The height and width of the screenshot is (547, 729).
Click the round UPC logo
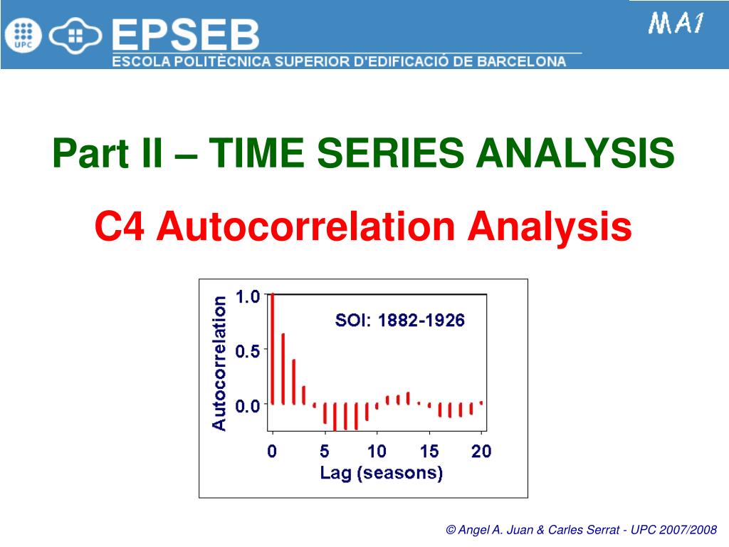tap(23, 36)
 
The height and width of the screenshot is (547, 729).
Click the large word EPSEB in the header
tap(186, 35)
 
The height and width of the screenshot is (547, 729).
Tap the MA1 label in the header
tap(676, 24)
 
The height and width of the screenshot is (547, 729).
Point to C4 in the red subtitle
tap(120, 226)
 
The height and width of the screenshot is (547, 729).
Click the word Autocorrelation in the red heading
tap(305, 226)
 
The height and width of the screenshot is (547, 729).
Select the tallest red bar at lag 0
tap(273, 349)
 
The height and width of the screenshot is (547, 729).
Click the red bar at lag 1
tap(283, 369)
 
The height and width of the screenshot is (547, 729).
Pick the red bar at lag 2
tap(293, 382)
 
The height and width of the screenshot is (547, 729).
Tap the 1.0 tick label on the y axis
tap(247, 297)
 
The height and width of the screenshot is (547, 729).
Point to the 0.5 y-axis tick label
tap(247, 351)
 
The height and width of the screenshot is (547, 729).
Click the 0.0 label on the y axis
tap(247, 406)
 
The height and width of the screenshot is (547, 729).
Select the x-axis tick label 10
tap(377, 451)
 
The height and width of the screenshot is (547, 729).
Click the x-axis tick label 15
tap(429, 451)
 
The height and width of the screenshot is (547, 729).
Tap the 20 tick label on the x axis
tap(481, 451)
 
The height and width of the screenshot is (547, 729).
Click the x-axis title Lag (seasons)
tap(382, 473)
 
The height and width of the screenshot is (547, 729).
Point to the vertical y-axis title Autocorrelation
tap(219, 363)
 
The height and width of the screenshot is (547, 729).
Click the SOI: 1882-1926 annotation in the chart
tap(400, 321)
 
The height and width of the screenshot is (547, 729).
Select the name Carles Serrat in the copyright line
tap(584, 530)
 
